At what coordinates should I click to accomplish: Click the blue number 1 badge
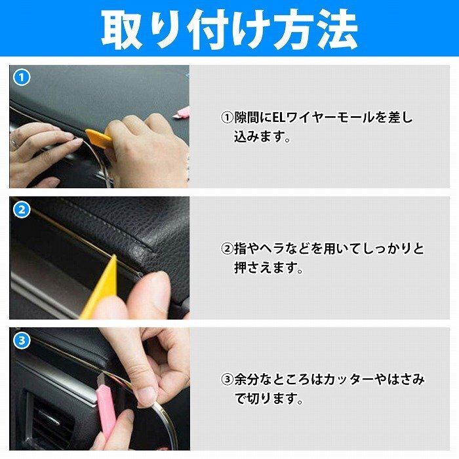(x=22, y=78)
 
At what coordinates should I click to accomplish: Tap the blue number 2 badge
(x=22, y=210)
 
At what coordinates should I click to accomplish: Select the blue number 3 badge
(x=22, y=340)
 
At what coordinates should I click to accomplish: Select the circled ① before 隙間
(x=227, y=118)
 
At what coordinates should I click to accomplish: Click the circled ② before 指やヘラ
(x=227, y=249)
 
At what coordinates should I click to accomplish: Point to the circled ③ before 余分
(x=227, y=380)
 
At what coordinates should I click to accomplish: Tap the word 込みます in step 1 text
(x=258, y=136)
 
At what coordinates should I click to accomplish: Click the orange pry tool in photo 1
(x=98, y=137)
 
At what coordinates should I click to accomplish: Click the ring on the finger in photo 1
(x=13, y=143)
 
